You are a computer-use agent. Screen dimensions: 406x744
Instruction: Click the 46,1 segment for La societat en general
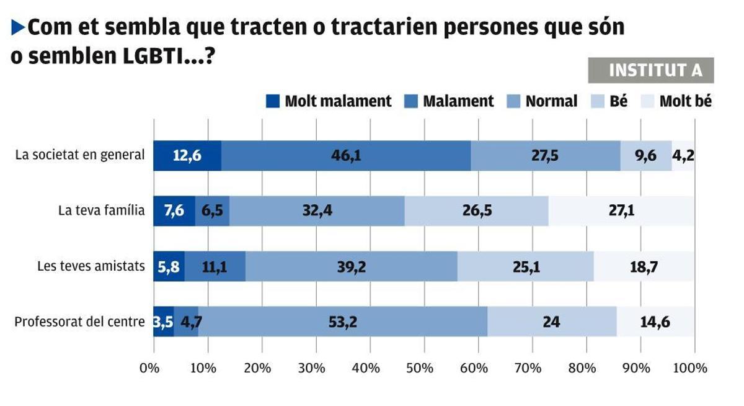point(345,156)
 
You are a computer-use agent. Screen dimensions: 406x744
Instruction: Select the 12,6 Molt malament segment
point(187,156)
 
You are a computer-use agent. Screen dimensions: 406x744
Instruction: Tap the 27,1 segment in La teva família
point(621,211)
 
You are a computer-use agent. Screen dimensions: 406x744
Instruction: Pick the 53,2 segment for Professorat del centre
point(343,322)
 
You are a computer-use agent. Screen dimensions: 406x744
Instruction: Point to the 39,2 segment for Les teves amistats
point(352,267)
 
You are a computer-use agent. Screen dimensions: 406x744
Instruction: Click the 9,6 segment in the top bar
point(646,156)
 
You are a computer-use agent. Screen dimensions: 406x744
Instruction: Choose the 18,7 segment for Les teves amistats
point(644,267)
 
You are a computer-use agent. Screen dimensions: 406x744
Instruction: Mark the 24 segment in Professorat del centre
point(552,322)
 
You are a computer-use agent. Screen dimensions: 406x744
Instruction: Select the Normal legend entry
point(551,101)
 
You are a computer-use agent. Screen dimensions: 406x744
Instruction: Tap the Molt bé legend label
point(685,101)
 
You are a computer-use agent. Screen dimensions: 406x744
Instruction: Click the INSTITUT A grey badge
point(650,71)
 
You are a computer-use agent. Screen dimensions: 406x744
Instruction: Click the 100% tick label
point(690,368)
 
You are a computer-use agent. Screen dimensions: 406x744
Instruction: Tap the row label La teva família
point(101,211)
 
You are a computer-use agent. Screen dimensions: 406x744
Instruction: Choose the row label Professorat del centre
point(79,322)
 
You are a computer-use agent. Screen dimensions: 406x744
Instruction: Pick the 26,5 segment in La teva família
point(476,211)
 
